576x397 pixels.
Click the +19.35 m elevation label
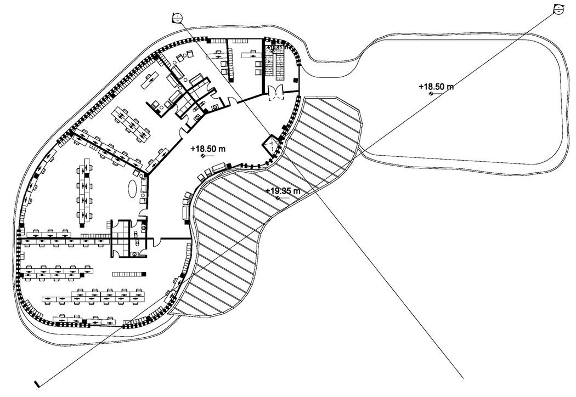pos(283,191)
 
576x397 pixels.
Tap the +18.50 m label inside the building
pos(208,149)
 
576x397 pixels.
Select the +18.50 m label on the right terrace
pos(436,87)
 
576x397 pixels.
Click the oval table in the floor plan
pos(133,189)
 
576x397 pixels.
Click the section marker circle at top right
pos(558,9)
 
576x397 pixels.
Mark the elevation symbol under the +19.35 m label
pos(278,198)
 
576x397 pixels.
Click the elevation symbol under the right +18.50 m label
pos(431,94)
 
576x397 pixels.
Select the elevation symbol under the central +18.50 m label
pos(204,156)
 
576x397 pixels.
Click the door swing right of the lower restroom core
pos(156,240)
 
